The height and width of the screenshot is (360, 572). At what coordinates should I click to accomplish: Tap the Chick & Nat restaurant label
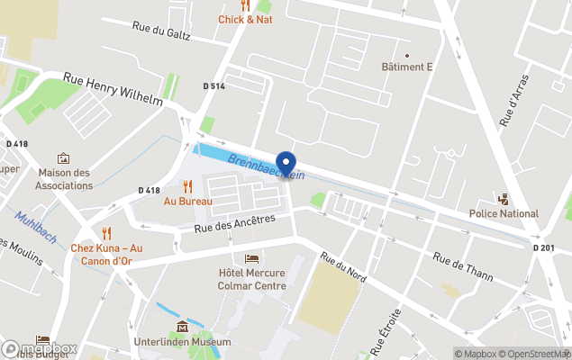(x=245, y=18)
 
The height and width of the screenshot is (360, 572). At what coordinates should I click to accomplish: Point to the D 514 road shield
(x=214, y=86)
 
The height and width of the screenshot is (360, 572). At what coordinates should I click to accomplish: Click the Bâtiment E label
(x=406, y=67)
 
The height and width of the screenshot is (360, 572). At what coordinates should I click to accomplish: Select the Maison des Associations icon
(x=64, y=158)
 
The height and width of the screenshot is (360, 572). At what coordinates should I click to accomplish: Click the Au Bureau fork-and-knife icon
(x=187, y=186)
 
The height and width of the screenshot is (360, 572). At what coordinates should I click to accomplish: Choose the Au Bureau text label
(x=187, y=202)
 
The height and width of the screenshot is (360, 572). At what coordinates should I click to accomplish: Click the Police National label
(x=504, y=213)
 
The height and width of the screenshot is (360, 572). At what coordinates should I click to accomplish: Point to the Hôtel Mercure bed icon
(x=251, y=259)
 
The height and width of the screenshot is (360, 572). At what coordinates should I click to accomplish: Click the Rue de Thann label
(x=463, y=267)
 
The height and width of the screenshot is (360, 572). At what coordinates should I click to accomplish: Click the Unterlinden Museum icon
(x=183, y=326)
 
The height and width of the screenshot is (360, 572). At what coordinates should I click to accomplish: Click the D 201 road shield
(x=543, y=247)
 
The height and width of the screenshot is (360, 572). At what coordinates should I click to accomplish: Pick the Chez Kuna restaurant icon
(x=106, y=233)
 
